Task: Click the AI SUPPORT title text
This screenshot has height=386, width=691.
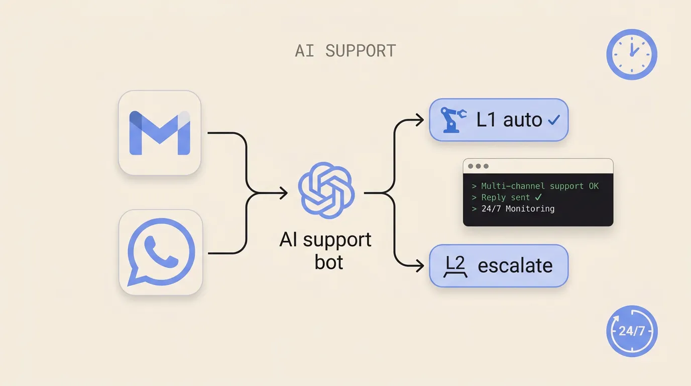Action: [x=345, y=51]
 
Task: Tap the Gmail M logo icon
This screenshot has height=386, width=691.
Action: [x=160, y=133]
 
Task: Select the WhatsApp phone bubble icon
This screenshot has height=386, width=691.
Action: [x=161, y=252]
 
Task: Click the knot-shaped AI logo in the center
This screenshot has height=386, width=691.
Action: [x=326, y=190]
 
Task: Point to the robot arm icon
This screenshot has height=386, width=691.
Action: [x=453, y=120]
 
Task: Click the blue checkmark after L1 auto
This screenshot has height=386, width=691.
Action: [x=554, y=120]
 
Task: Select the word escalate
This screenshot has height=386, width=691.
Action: [x=515, y=265]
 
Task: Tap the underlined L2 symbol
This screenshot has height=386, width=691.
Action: [x=455, y=266]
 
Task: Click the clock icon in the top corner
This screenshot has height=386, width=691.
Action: [x=632, y=54]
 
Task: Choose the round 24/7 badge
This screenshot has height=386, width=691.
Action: [x=632, y=331]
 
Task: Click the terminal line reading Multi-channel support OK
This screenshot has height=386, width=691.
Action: [x=535, y=186]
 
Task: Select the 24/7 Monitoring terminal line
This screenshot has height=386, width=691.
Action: [x=513, y=209]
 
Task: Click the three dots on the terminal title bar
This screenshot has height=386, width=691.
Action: [x=478, y=166]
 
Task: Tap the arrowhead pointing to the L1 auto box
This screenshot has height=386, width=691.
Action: [x=420, y=120]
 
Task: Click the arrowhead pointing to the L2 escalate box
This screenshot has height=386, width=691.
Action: [x=420, y=265]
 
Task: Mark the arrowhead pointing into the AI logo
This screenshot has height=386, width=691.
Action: [x=284, y=193]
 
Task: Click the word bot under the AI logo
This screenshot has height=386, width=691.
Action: [x=328, y=262]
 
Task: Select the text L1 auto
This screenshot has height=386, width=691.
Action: [x=509, y=120]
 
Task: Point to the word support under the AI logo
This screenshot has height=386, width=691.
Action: [x=337, y=241]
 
